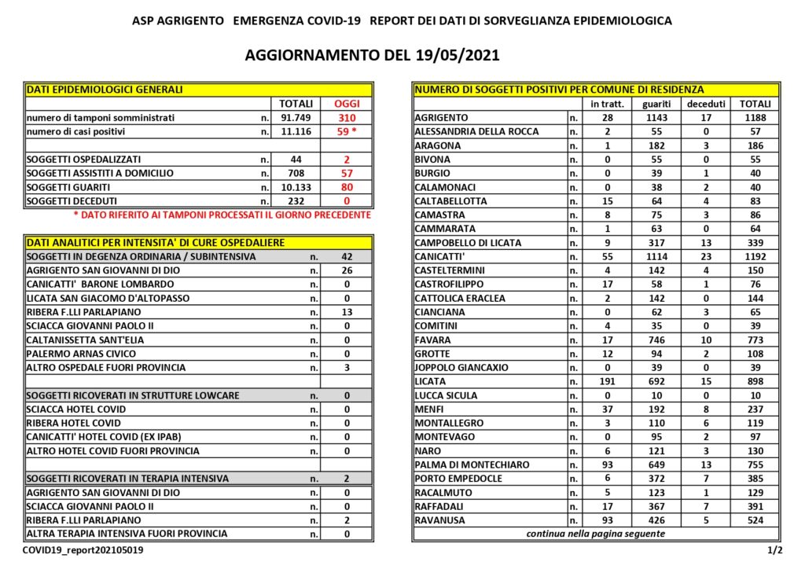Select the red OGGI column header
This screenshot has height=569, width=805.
(x=346, y=104)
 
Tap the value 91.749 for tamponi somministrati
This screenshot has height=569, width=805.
(x=296, y=118)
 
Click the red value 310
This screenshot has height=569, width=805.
(x=346, y=118)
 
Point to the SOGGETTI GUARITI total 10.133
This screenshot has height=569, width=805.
(x=296, y=187)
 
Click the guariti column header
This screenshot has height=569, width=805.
(x=656, y=104)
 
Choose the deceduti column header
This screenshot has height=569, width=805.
(x=704, y=104)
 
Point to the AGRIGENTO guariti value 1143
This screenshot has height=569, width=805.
(x=656, y=118)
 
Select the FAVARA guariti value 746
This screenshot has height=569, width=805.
(x=656, y=340)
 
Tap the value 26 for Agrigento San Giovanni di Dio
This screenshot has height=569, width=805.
(x=346, y=270)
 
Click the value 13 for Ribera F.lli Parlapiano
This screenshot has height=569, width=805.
(x=346, y=312)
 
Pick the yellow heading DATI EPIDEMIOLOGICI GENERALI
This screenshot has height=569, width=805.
(x=105, y=90)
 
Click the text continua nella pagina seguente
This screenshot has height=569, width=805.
(x=595, y=534)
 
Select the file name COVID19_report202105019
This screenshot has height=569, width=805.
(x=83, y=550)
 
